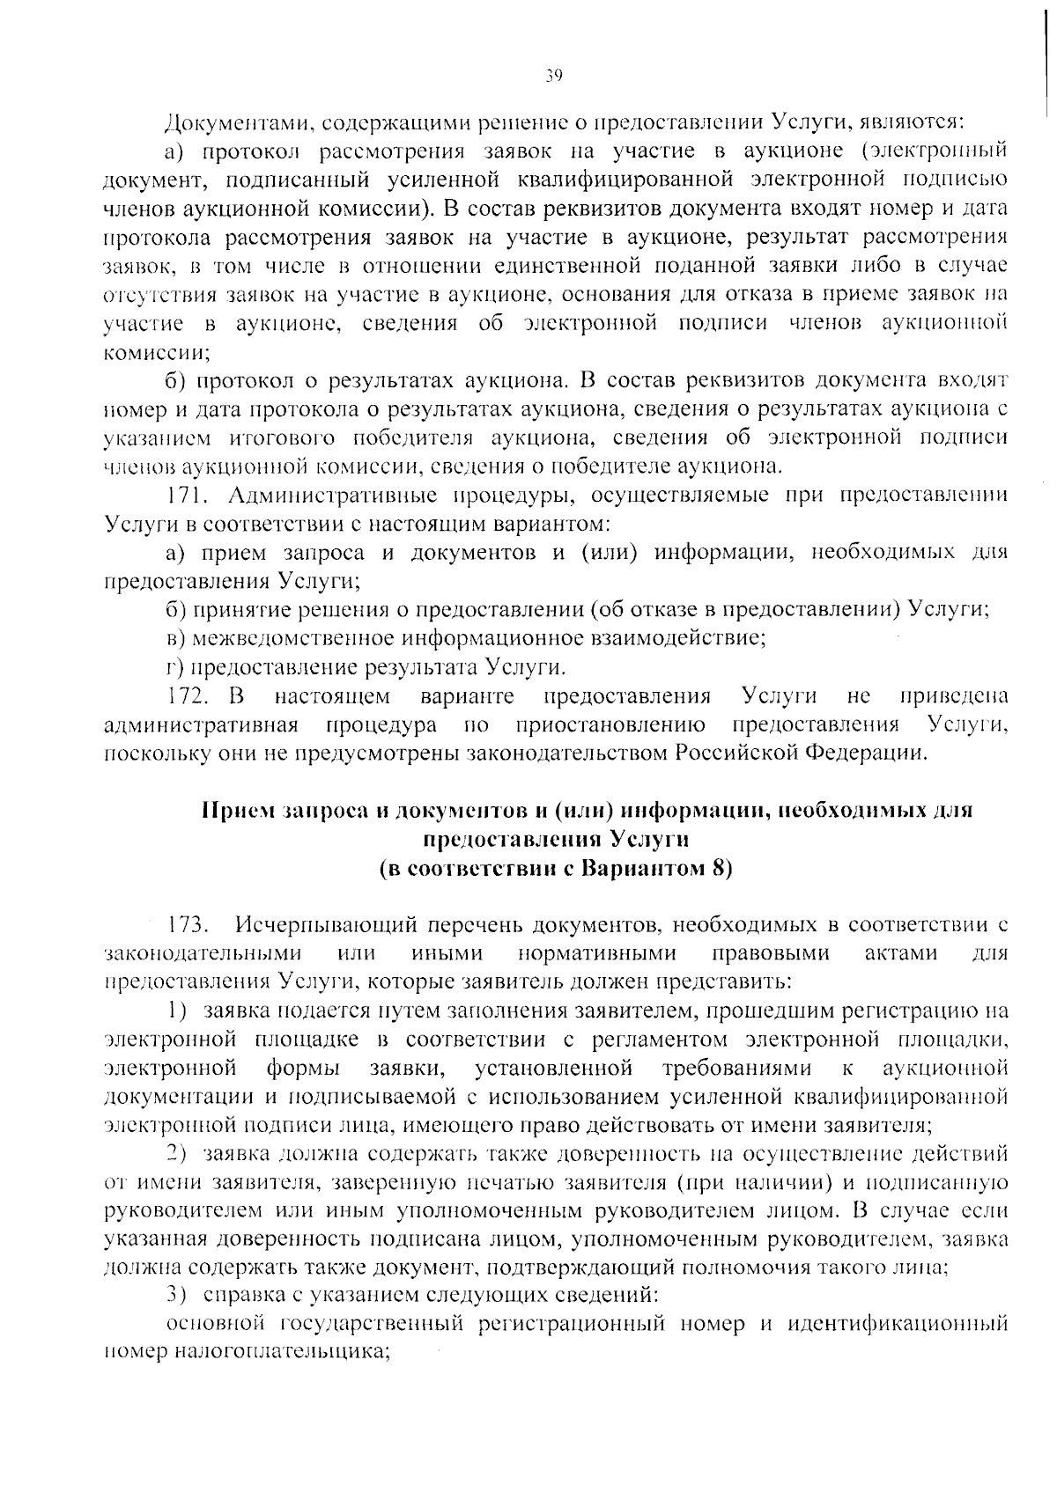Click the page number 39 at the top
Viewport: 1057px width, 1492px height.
[552, 76]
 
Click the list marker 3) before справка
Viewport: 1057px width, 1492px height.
[178, 1296]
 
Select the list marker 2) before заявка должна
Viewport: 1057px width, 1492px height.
[178, 1153]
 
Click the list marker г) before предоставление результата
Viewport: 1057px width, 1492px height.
[174, 665]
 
